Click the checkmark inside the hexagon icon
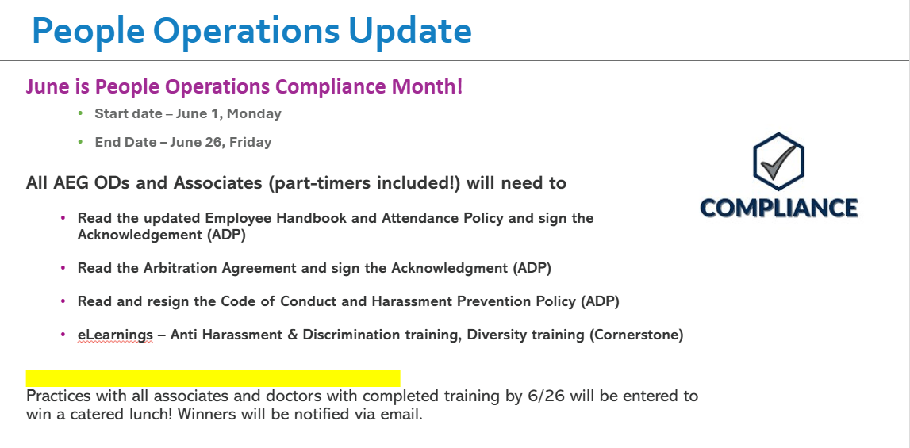pos(778,162)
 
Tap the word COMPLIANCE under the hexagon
pos(779,208)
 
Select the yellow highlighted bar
pos(213,377)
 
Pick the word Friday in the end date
pos(251,142)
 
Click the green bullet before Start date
pos(81,113)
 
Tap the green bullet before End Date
pos(81,142)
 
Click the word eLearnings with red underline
pos(116,335)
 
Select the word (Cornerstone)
pos(636,335)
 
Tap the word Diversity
pos(496,335)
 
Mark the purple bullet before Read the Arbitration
pos(63,268)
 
